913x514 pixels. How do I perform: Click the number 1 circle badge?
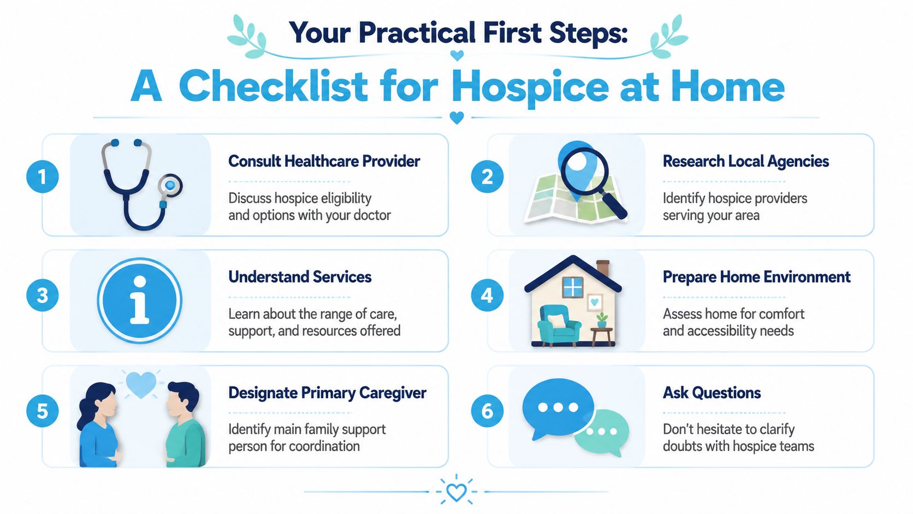[43, 177]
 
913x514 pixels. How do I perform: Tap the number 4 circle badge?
[487, 295]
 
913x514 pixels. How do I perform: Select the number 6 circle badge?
[487, 411]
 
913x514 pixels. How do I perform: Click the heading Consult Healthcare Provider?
[324, 162]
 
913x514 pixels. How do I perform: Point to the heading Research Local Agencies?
[745, 162]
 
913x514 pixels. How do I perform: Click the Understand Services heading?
[300, 277]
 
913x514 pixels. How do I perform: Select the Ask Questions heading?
[712, 393]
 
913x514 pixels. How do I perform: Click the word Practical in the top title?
[417, 33]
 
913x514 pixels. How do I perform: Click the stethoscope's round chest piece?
[170, 186]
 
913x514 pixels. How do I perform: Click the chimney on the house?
[603, 268]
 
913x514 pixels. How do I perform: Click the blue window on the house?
[573, 287]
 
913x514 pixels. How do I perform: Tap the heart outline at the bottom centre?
[456, 492]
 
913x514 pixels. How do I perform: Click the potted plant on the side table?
[602, 321]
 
